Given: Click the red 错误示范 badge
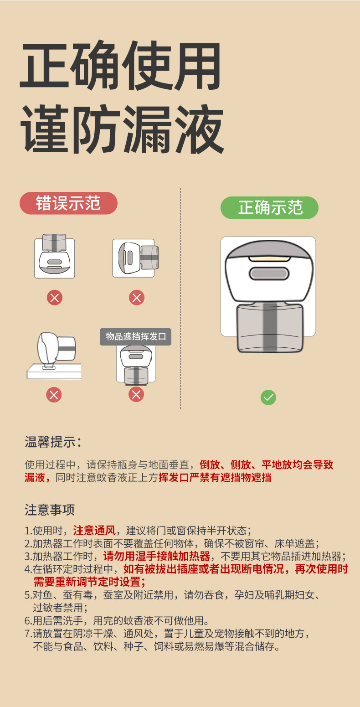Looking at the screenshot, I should coord(68,203).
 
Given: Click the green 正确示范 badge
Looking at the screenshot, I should coord(269,207).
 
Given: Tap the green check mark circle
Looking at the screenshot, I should coord(268,397).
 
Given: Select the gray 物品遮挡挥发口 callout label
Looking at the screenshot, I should coord(136,337).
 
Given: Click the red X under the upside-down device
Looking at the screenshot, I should coord(55,298).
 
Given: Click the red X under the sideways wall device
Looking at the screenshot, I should coord(136,298).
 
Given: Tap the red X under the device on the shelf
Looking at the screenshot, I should coord(54,394).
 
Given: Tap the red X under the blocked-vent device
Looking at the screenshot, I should coord(136,394).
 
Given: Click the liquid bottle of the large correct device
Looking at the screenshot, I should coord(270,328).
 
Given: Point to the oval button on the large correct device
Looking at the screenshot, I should coord(269,274).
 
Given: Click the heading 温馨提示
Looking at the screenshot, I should coord(53,442).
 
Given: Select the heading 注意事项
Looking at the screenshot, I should coord(50,510).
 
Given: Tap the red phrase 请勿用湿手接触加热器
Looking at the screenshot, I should coord(157,556).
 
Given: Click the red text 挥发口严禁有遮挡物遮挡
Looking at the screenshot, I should coord(215,478).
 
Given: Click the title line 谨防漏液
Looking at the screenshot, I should coord(122,129).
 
